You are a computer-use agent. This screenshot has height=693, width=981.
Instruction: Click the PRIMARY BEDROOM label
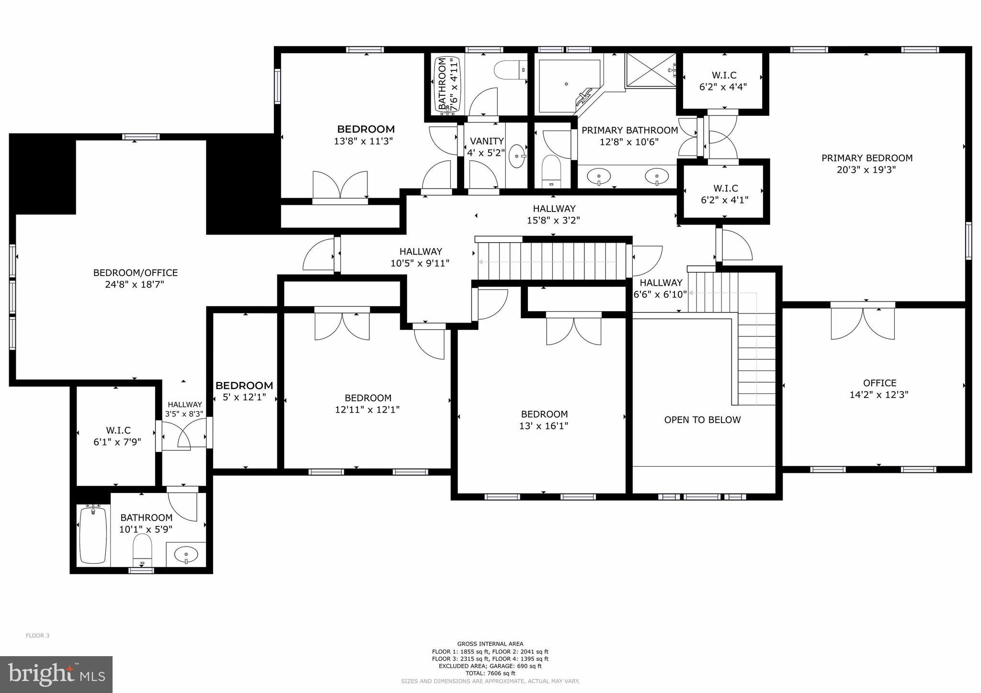(x=867, y=158)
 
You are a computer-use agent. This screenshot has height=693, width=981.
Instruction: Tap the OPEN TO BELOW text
(x=702, y=420)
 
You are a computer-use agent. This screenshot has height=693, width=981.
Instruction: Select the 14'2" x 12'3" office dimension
(x=879, y=395)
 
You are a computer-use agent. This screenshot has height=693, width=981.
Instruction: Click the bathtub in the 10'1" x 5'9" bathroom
(x=93, y=535)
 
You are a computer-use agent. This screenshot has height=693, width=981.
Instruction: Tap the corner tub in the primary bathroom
(x=568, y=86)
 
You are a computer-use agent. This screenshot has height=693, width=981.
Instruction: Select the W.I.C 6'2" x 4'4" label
(x=723, y=81)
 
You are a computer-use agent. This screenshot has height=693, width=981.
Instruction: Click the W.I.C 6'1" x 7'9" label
(x=118, y=436)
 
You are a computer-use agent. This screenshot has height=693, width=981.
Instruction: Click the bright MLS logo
(x=56, y=674)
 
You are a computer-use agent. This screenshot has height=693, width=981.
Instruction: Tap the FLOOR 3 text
(x=37, y=636)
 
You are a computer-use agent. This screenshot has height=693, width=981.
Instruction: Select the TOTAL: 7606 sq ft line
(x=490, y=673)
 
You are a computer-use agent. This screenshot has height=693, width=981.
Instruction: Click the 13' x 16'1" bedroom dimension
(x=544, y=426)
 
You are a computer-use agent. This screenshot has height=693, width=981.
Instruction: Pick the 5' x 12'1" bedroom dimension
(x=244, y=397)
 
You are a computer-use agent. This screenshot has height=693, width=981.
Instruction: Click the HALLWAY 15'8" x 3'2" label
(x=554, y=214)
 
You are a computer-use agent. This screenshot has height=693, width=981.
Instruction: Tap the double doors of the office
(x=863, y=323)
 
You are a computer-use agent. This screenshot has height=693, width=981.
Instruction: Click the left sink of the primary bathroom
(x=599, y=177)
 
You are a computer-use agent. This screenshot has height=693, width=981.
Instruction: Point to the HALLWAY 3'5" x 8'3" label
(x=184, y=409)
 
